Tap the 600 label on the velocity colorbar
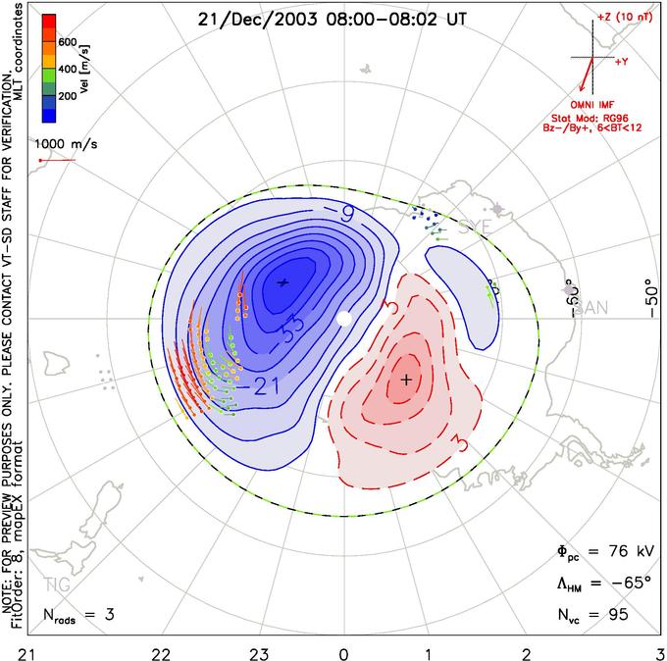68,42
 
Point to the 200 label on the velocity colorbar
68,97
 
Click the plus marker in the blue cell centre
283,282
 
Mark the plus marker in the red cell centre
405,378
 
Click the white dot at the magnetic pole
343,320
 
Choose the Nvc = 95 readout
591,615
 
